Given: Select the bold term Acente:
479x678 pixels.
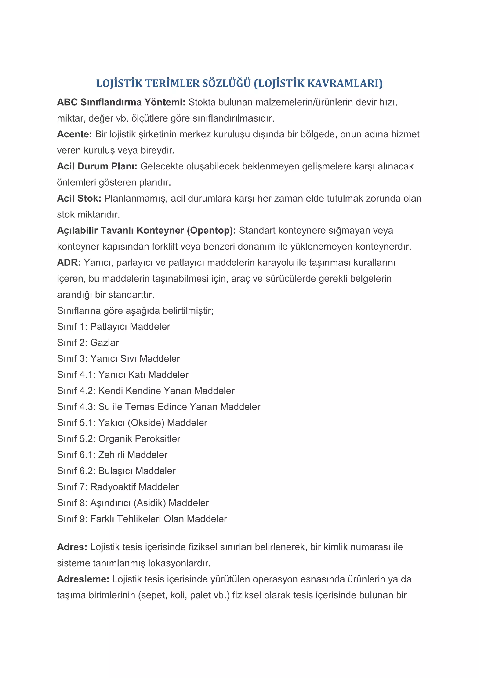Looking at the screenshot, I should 75,134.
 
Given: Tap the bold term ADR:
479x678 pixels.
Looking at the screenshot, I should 69,262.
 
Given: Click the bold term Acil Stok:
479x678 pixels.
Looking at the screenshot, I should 79,199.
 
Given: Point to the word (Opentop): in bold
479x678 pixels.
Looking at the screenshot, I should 211,230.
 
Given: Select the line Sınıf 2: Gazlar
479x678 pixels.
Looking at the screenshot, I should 88,343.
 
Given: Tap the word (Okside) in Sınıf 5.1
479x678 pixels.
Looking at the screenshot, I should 146,423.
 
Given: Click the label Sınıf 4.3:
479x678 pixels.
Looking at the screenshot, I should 76,407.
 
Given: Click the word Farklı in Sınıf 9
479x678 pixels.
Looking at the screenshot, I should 102,519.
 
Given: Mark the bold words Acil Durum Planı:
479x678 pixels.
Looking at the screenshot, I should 97,166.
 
